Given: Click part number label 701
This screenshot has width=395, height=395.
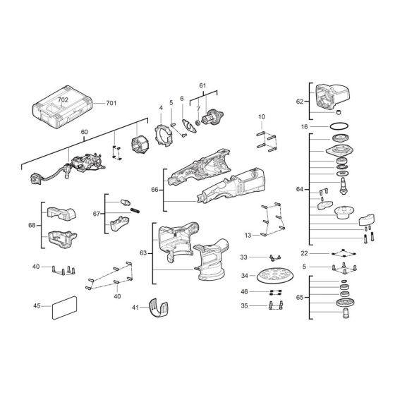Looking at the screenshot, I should (x=111, y=104).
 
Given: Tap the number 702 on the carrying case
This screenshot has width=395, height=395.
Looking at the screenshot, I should (x=63, y=101).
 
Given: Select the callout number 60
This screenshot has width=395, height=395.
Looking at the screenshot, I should (x=85, y=133).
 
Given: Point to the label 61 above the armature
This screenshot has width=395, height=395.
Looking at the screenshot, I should (x=203, y=85).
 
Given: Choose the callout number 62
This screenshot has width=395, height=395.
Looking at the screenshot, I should (x=299, y=102).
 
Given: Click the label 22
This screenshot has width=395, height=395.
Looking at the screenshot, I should (x=304, y=253).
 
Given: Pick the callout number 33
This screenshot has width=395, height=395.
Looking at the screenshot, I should (x=243, y=257).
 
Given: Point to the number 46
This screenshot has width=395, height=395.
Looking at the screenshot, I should (x=243, y=291).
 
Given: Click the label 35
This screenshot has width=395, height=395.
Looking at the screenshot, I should (x=243, y=306).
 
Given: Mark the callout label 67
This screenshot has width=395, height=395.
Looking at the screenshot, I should (x=97, y=212).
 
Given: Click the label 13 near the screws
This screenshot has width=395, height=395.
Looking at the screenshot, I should (x=248, y=235).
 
